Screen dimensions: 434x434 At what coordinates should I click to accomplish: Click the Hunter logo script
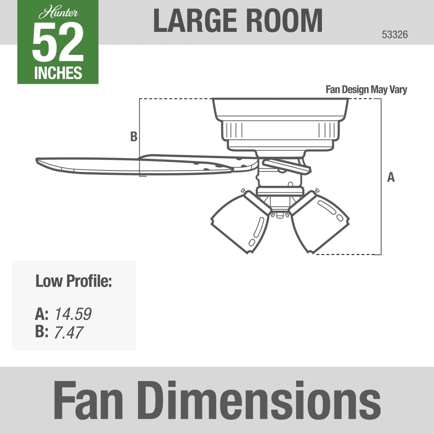point(58,13)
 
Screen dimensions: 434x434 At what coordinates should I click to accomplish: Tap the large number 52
point(58,42)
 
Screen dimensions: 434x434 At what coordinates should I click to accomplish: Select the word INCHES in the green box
point(58,73)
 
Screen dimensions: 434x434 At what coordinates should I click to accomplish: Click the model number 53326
point(395,35)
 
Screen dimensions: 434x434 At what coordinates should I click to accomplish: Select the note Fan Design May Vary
point(366,90)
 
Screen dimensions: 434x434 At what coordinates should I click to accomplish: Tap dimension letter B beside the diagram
point(134,137)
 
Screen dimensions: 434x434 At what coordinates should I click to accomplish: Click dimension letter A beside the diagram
point(391,177)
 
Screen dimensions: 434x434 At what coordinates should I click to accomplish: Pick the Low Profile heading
point(74,281)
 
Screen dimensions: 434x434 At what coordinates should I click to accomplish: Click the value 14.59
point(73,314)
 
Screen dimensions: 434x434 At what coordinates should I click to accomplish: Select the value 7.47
point(68,332)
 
